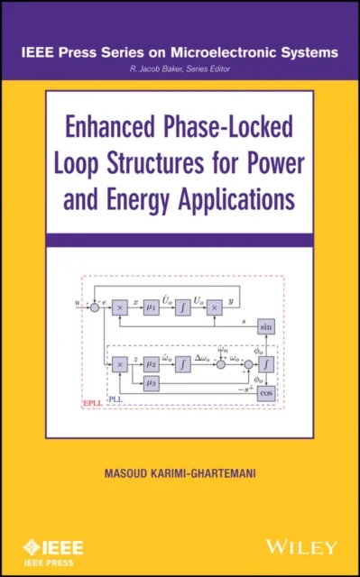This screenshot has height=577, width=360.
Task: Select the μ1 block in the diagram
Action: (151, 307)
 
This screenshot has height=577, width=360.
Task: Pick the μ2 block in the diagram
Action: (152, 363)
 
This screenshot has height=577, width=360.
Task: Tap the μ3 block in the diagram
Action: (152, 384)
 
